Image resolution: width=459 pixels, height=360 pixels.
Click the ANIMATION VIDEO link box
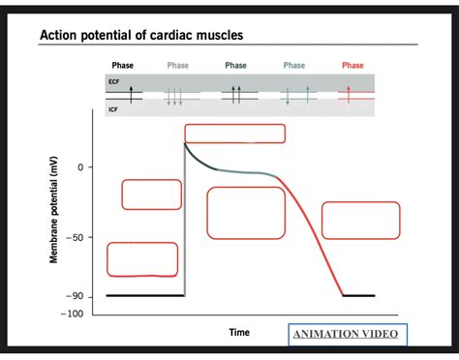coord(349,335)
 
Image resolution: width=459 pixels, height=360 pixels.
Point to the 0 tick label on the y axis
coord(91,167)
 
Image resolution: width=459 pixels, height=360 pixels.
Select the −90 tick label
coord(78,296)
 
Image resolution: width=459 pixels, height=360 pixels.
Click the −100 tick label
coord(76,314)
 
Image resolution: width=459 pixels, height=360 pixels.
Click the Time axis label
coord(239,332)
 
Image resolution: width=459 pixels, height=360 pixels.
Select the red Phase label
coord(352,66)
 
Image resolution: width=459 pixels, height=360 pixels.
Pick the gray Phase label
coord(177,66)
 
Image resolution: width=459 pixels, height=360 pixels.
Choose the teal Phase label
coord(294,66)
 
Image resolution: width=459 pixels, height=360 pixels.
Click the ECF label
coord(112,84)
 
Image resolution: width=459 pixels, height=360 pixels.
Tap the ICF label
coord(112,109)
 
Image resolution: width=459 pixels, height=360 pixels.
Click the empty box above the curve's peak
coord(234,134)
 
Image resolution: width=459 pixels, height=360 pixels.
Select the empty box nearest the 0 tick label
coord(151,194)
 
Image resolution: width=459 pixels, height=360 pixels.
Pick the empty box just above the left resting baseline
coord(141,259)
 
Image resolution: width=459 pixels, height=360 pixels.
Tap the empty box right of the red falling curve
coord(360,220)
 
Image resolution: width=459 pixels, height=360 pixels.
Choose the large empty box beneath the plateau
coord(246,213)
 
